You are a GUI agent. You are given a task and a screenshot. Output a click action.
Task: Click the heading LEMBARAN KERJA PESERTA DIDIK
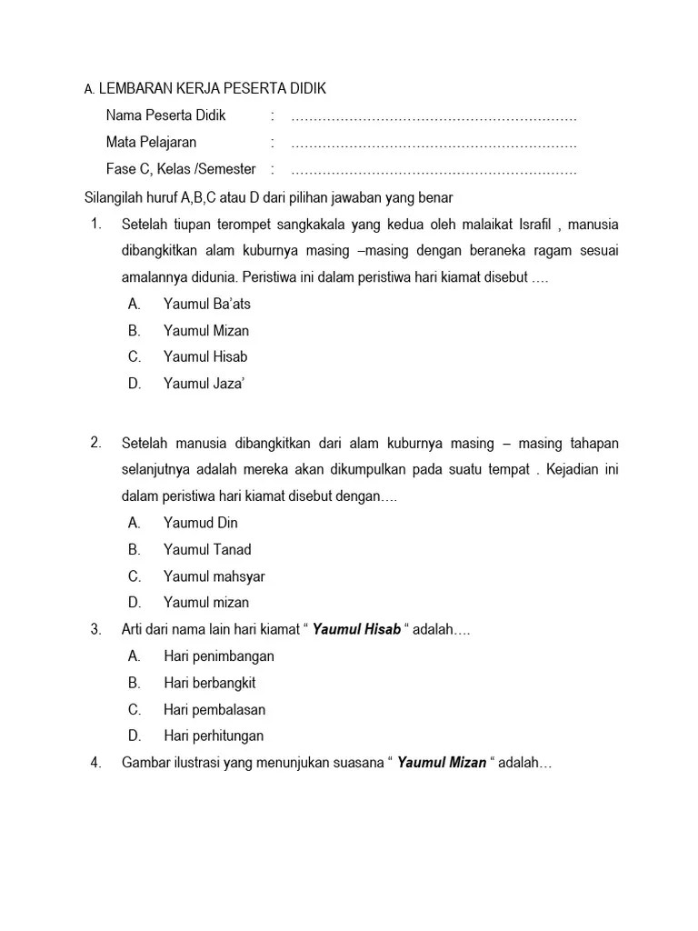coord(211,89)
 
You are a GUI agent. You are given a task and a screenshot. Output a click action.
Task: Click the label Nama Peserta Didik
coord(165,115)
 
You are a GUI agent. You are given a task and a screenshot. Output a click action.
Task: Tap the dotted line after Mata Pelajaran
coord(434,143)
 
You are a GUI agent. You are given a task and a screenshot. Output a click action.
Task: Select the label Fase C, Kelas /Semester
coord(181,169)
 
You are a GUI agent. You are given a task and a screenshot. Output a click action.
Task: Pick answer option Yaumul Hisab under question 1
coord(205,356)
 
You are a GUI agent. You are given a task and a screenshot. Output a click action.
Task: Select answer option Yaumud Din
coord(200,523)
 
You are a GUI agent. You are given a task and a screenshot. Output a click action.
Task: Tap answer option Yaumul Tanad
coord(207,549)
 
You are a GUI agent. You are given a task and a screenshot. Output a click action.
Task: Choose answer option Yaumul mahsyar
coord(214,576)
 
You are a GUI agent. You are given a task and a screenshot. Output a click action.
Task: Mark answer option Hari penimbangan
coord(219,656)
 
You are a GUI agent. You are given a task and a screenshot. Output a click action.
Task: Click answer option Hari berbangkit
coord(210,683)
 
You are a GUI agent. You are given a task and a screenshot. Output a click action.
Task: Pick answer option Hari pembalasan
coord(214,709)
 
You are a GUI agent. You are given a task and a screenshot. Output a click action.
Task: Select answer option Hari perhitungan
coord(214,736)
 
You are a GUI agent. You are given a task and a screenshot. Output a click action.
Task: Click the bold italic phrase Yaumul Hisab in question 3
coord(356,629)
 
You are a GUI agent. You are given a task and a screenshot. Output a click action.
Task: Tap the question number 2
coord(95,443)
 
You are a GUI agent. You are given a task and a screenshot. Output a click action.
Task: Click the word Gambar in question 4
coord(145,763)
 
